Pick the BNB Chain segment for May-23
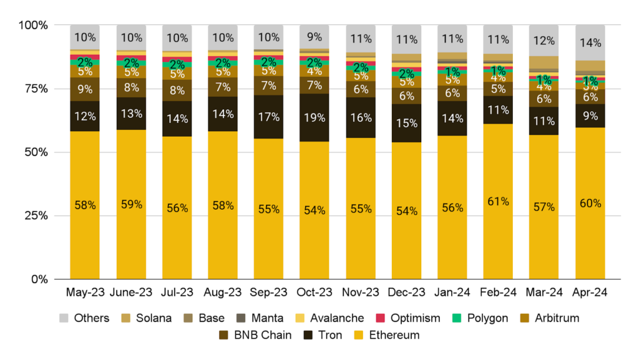tap(85, 89)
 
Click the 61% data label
tap(499, 202)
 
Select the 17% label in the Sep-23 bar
tap(269, 117)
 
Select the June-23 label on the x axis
tap(132, 293)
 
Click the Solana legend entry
tap(150, 318)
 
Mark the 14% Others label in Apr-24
tap(590, 43)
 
